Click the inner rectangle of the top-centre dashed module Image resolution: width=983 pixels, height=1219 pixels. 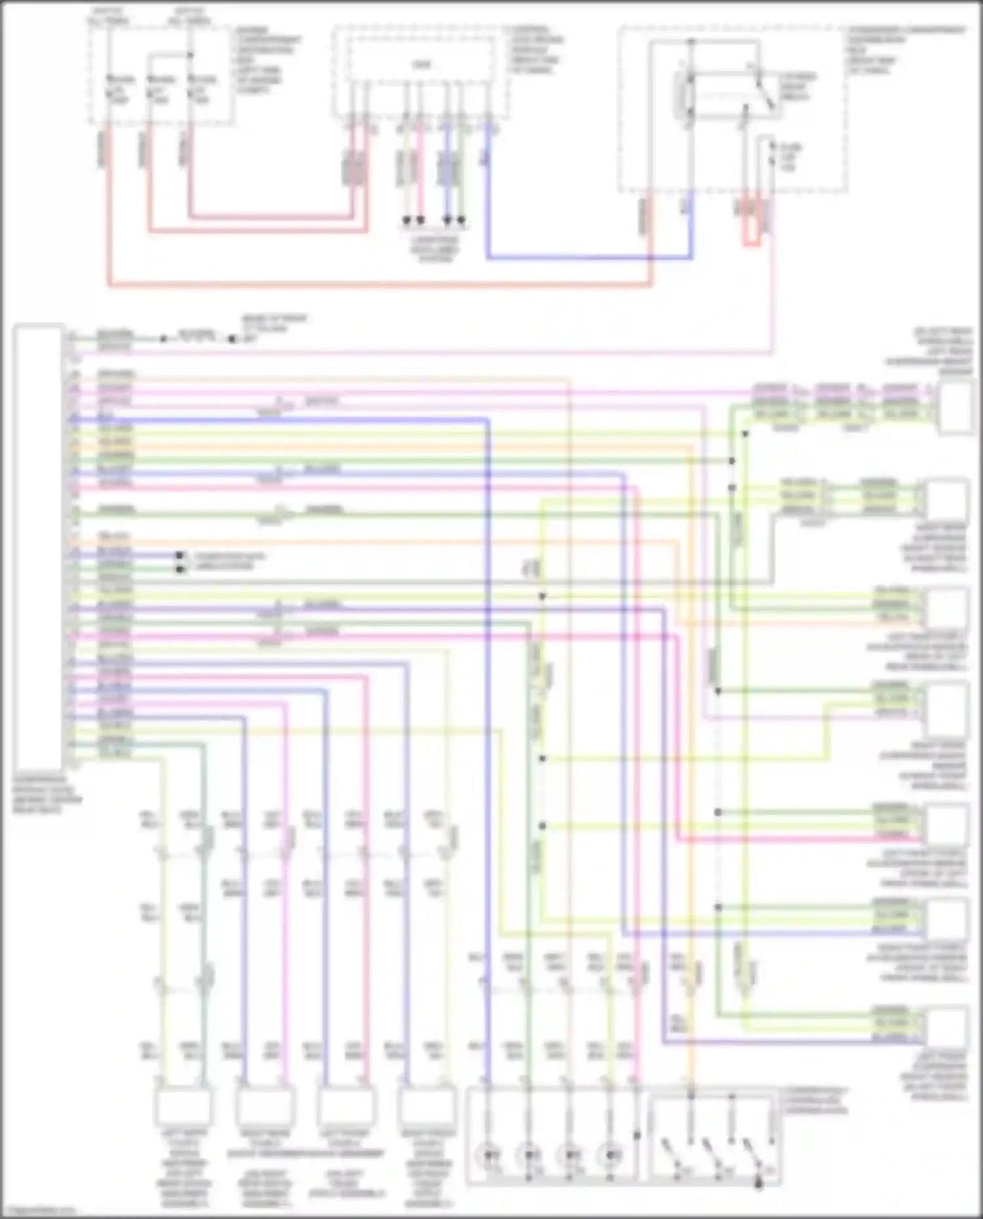[x=420, y=64]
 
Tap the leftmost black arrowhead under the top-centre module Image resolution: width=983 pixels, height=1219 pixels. [x=406, y=221]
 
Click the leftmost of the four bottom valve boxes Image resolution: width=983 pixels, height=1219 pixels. [x=183, y=1107]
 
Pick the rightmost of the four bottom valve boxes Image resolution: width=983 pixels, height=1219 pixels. [x=427, y=1107]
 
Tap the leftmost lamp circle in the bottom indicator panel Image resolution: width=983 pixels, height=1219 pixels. [x=488, y=1156]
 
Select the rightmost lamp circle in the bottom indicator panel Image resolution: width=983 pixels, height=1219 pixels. [x=611, y=1156]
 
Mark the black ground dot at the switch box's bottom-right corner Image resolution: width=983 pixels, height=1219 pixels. [x=760, y=1184]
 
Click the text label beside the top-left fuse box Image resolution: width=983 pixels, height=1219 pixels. [x=267, y=59]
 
